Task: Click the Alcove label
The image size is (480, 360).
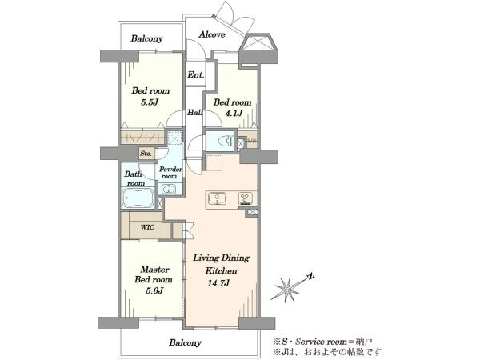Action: click(212, 34)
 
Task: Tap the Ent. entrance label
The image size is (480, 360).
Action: click(196, 74)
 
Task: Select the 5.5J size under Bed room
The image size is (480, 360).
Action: click(149, 102)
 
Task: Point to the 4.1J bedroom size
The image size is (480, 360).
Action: click(234, 114)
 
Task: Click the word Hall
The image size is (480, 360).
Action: click(195, 112)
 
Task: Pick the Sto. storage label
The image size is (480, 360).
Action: click(146, 154)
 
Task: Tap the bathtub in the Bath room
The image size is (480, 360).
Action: click(138, 198)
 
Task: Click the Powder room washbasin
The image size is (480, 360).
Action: click(168, 189)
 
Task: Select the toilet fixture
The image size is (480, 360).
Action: click(226, 141)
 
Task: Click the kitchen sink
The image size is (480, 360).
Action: click(218, 198)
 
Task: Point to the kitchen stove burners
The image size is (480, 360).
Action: click(246, 198)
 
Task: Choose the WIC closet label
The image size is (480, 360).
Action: click(147, 227)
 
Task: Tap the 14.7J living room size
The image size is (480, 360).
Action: click(218, 283)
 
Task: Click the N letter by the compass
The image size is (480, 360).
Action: click(311, 277)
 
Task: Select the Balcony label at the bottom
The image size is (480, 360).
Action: click(186, 342)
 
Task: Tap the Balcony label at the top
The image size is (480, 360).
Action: click(147, 38)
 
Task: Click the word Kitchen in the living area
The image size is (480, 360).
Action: click(221, 271)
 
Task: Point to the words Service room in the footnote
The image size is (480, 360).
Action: click(323, 342)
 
